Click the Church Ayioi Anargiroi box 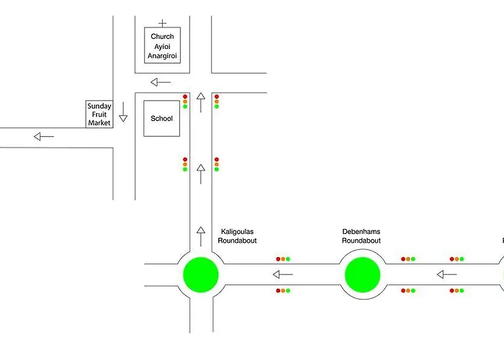[162, 45]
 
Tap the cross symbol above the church [162, 23]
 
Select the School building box [161, 118]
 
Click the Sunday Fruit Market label [99, 114]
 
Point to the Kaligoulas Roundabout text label [238, 236]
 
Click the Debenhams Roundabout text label [361, 236]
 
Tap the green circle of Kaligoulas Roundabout [200, 274]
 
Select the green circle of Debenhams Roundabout [362, 274]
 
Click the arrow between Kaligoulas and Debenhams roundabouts [282, 274]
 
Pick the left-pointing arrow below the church [161, 81]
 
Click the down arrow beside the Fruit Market [123, 112]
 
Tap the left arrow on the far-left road [44, 137]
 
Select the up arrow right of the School [201, 102]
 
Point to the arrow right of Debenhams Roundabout [446, 274]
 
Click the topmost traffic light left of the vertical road [185, 102]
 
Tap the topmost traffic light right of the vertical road [216, 102]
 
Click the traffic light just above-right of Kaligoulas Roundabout [283, 258]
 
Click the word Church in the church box [162, 36]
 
